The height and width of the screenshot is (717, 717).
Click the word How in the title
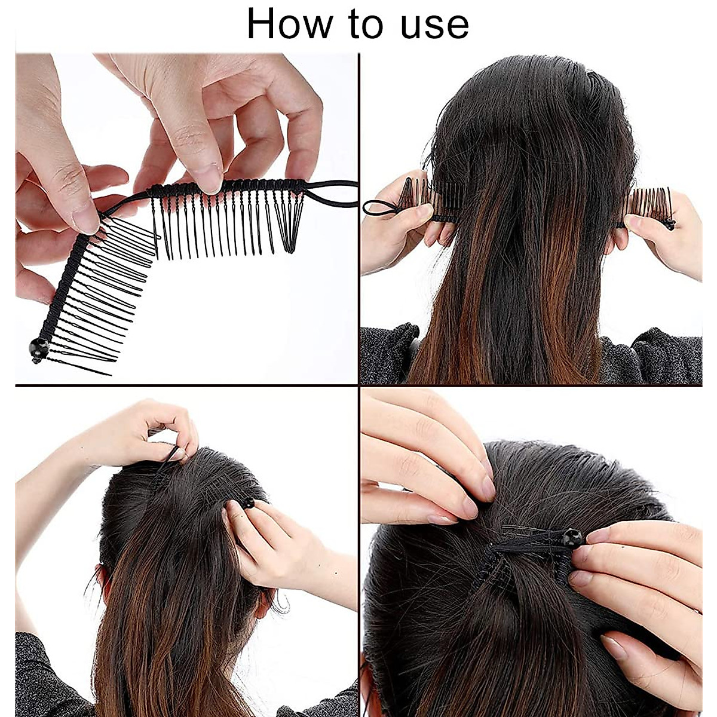(x=289, y=23)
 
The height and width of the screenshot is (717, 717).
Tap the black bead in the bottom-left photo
(x=248, y=503)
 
